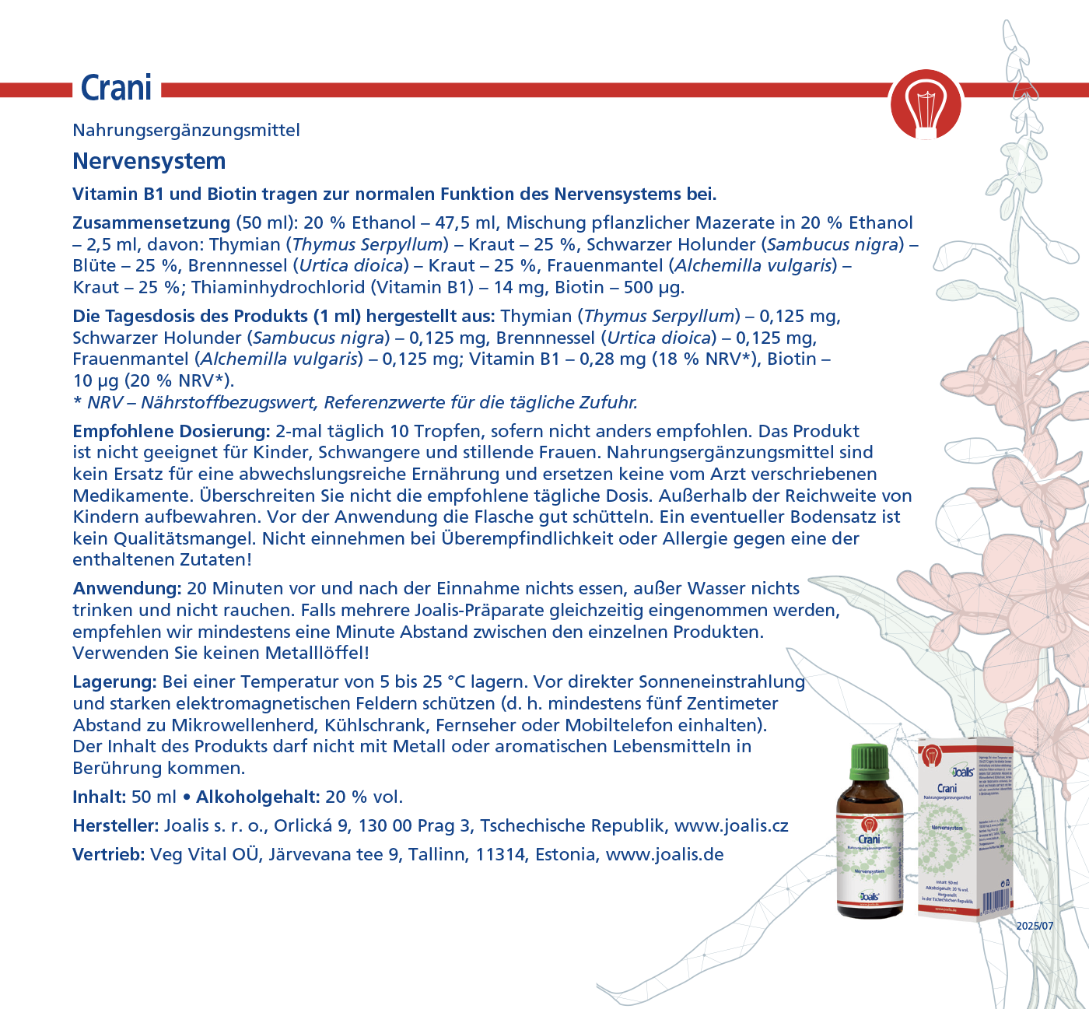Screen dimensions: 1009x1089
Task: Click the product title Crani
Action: [117, 89]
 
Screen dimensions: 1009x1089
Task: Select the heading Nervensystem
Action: [149, 161]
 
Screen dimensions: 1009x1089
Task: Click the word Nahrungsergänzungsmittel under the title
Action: [186, 130]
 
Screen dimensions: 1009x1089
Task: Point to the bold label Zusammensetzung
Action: [151, 222]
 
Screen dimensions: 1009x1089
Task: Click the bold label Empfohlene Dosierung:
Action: [171, 431]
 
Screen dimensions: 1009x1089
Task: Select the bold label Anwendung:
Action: [127, 588]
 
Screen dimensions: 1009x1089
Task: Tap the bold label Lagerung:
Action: [115, 682]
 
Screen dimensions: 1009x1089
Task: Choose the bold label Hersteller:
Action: [116, 825]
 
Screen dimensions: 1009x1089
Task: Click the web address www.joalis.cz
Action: [731, 825]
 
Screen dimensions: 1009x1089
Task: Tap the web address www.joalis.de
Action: [664, 854]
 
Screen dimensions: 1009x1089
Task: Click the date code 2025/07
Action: [1035, 926]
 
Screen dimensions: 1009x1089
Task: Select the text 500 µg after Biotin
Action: [653, 287]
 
